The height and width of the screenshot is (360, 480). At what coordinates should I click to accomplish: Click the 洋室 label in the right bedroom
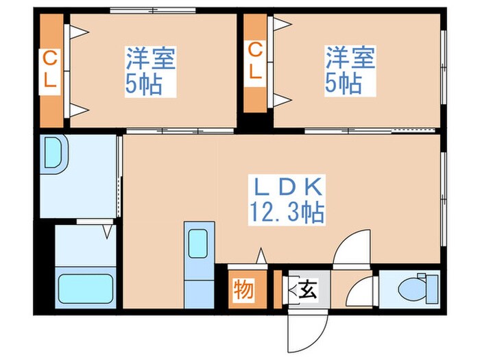point(350,57)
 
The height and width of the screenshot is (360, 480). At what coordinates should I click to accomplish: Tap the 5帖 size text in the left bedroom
point(150,84)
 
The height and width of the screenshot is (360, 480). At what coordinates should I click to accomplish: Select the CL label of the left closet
point(51,69)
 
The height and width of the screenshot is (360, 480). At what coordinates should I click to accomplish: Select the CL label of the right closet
point(255,62)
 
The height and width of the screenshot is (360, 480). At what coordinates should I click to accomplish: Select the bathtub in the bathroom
point(85,289)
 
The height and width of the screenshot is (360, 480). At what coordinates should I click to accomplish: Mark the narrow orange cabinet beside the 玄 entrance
point(278,289)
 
